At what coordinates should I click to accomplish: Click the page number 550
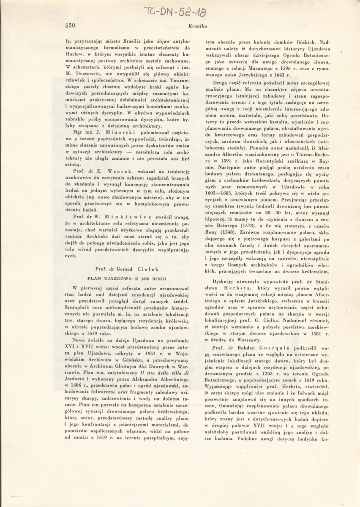tap(70, 25)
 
